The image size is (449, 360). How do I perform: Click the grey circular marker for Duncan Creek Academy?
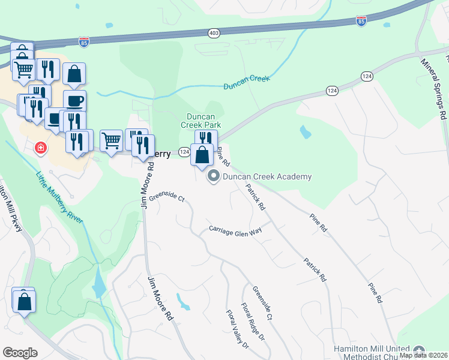(213, 176)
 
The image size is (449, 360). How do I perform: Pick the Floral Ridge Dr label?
(253, 321)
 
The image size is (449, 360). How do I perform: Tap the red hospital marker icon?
(40, 148)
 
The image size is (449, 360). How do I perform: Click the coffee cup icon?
(74, 100)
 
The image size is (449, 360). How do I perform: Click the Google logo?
(20, 353)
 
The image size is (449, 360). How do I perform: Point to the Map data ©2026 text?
(424, 355)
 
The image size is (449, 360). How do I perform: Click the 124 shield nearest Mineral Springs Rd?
(367, 76)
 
